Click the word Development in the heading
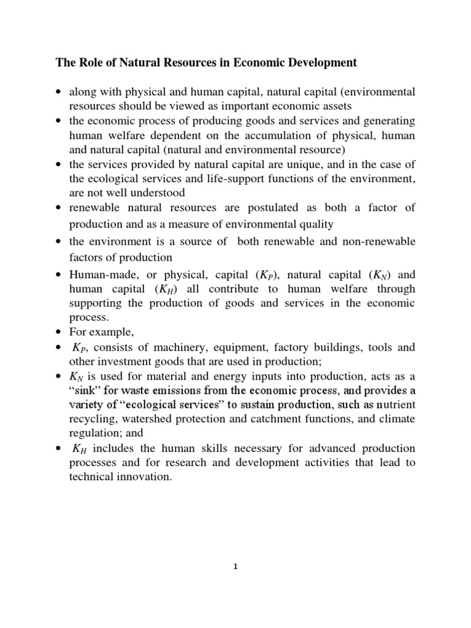(x=314, y=62)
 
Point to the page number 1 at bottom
(x=235, y=567)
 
